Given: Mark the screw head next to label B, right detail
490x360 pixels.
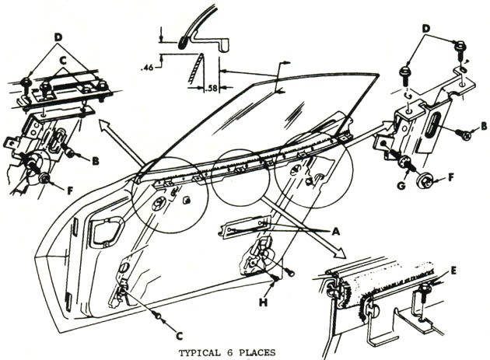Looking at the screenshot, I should click(466, 135).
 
